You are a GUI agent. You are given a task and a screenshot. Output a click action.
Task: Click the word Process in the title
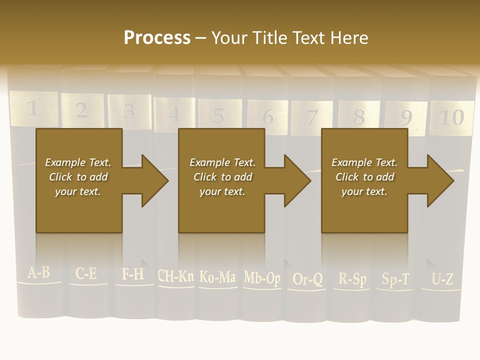(157, 38)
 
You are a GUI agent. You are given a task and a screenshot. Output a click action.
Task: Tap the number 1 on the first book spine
(32, 108)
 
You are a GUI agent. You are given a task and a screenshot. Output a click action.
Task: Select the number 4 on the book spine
(174, 114)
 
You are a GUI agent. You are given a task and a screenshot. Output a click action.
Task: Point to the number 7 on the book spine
(312, 117)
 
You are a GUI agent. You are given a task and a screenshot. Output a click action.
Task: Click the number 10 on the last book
(451, 117)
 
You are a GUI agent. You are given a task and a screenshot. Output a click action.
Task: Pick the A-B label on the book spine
(38, 273)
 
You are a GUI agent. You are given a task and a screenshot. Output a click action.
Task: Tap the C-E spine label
(86, 274)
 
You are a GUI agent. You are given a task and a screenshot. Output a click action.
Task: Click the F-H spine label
(132, 274)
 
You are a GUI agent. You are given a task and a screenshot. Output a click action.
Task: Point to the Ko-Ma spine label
(217, 276)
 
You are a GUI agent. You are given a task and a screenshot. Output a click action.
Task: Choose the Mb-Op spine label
(262, 277)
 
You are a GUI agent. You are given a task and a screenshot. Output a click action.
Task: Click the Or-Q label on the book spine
(307, 279)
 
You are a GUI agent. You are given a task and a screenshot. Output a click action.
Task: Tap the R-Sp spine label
(352, 278)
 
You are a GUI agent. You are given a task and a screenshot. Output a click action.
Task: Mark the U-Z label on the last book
(442, 279)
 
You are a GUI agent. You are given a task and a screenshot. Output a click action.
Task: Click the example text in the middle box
(222, 177)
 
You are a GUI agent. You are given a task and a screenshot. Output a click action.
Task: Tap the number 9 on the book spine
(406, 118)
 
